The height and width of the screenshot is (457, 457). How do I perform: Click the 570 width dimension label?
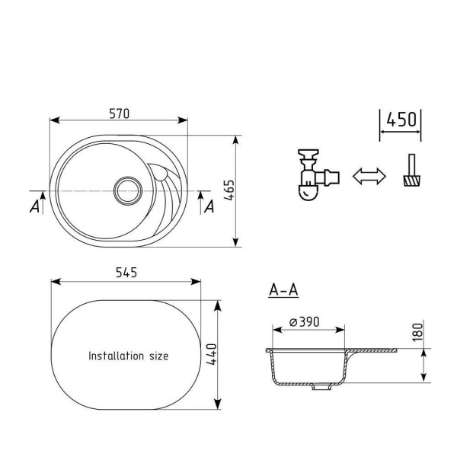[x=120, y=113]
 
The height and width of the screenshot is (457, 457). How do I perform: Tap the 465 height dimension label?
[x=229, y=190]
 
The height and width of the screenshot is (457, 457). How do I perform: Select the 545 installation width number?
[x=126, y=273]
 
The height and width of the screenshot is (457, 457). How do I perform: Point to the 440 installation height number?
[x=212, y=354]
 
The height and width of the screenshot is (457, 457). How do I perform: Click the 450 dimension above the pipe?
[x=401, y=120]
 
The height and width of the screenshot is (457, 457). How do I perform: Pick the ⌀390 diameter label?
[x=304, y=321]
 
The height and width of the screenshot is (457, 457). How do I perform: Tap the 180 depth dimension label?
[x=417, y=332]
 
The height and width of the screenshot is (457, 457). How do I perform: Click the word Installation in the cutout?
[x=116, y=356]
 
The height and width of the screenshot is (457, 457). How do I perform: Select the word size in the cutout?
[x=159, y=356]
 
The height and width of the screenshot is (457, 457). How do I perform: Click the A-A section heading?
[x=283, y=290]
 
